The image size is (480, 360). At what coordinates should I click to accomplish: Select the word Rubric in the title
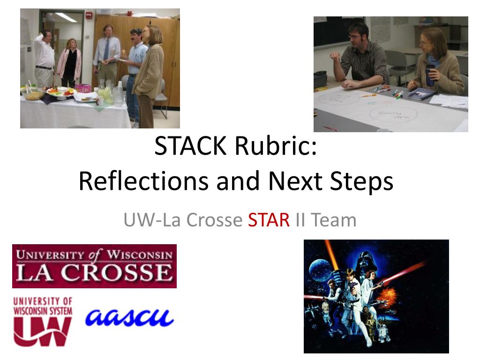pos(277,148)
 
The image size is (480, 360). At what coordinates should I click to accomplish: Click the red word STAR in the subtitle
pos(269,220)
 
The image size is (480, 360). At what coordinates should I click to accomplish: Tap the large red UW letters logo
pos(42,331)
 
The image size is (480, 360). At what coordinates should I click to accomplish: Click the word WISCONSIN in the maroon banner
pos(140,255)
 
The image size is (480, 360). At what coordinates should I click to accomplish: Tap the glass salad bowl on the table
pos(33,94)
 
